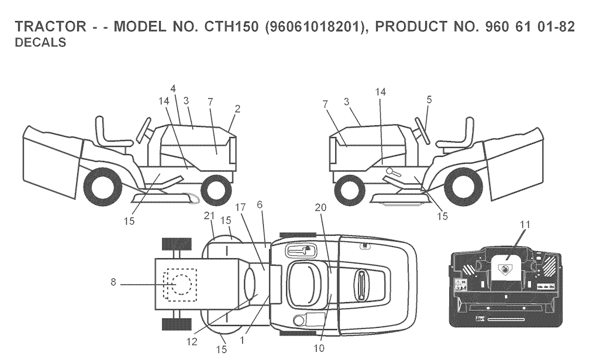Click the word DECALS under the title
40,42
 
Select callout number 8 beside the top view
113,283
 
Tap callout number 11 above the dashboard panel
526,225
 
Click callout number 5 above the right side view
429,100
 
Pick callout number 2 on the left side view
237,109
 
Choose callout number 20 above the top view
321,208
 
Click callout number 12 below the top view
192,341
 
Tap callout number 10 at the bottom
319,348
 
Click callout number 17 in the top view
240,208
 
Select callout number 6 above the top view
260,204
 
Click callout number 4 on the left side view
173,88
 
